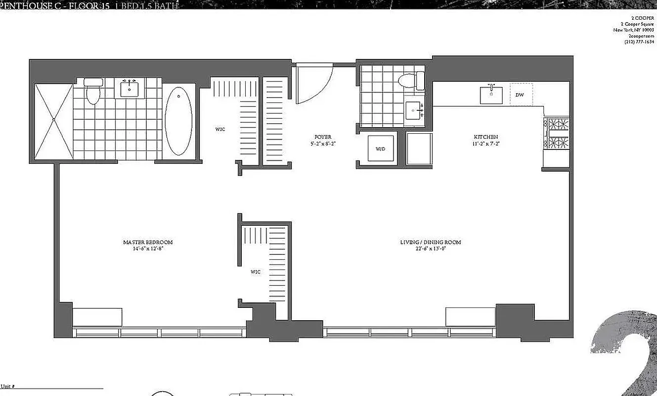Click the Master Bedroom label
148,242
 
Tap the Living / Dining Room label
430,242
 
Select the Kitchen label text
485,137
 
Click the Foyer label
322,137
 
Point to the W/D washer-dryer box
381,148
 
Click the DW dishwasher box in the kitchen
520,94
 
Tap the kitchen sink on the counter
491,95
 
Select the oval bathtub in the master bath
178,121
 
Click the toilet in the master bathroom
92,92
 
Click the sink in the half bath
414,110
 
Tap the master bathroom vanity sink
130,88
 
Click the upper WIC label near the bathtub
220,129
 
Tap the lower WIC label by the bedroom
255,272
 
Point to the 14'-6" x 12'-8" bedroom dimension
148,248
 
